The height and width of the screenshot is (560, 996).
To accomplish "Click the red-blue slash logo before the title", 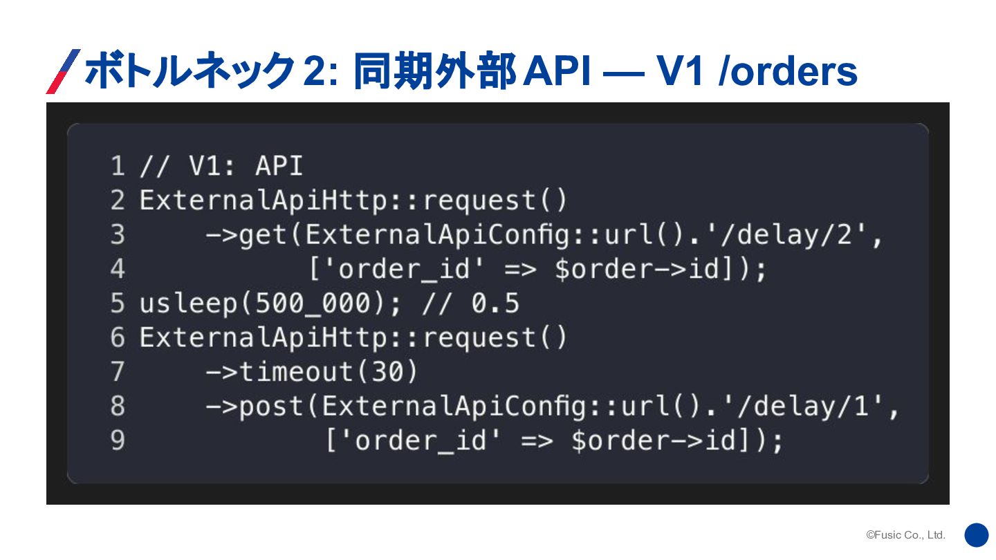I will click(63, 71).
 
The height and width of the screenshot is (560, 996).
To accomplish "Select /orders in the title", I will click(788, 71).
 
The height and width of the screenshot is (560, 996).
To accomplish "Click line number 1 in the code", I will click(118, 167).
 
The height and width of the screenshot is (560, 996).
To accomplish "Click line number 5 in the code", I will click(118, 304).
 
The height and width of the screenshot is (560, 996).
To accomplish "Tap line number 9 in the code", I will click(118, 440).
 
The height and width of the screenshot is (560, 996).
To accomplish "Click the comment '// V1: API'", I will click(221, 167).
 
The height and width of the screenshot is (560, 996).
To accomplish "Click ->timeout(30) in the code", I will click(312, 372).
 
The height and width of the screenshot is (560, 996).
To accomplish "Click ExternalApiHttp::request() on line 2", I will click(353, 200).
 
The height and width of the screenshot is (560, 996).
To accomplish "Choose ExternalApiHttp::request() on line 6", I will click(353, 338).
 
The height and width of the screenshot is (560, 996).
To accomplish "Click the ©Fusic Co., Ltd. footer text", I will click(905, 535).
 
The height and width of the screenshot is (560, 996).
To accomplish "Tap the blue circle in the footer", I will click(977, 535).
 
